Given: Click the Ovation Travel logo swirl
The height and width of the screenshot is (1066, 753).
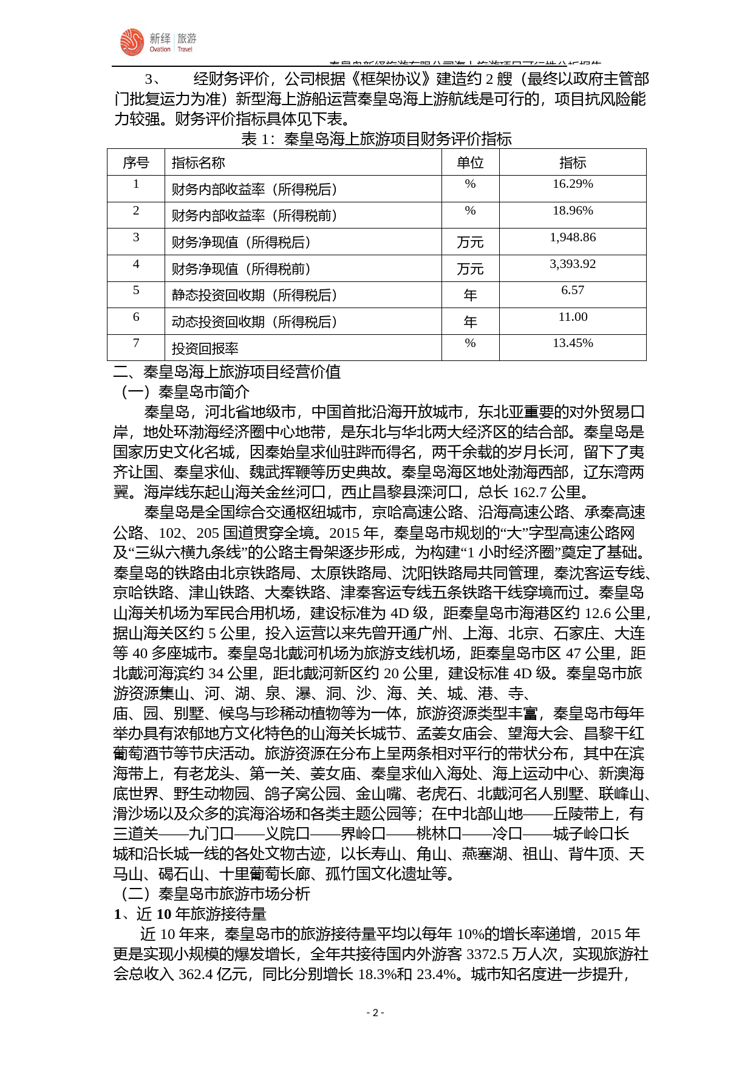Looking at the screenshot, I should point(132,42).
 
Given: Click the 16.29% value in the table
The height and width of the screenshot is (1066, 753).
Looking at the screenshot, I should point(573,184).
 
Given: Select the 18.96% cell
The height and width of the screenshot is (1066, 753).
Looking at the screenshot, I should point(573,211).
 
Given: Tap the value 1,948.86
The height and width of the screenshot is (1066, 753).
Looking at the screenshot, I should point(573,238).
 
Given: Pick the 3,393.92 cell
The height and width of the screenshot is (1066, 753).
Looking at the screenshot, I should point(573,264).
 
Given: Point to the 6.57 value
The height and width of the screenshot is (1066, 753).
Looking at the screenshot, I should point(573,291).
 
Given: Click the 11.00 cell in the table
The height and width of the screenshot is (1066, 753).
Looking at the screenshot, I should point(573,317).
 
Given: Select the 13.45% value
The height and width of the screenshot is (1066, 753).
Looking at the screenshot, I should point(573,343).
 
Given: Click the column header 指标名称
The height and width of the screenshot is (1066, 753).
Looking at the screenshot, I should point(198,163).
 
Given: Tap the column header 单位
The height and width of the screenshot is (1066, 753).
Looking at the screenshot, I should point(470,163).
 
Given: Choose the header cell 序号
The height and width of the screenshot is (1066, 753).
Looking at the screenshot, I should point(135,163).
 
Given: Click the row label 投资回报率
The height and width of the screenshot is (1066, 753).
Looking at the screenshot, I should point(205,349).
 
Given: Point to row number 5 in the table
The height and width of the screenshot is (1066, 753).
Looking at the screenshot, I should point(136,291).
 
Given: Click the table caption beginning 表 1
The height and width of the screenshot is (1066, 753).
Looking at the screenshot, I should point(376,139).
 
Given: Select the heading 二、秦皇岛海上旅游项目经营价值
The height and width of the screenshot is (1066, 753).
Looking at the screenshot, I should point(227,372).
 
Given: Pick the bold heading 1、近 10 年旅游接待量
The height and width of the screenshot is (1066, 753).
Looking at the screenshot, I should point(190,914).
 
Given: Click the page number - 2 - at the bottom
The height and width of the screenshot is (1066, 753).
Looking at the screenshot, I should point(375,1013).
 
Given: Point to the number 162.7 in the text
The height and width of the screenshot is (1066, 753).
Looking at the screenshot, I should point(530,492).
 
